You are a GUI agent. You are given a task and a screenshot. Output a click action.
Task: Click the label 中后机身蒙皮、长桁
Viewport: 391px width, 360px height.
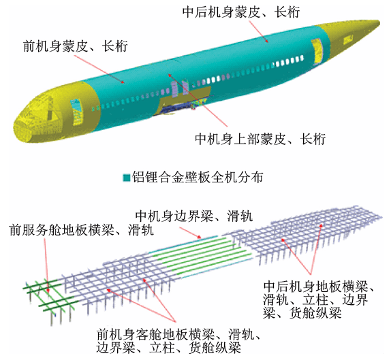click(x=241, y=12)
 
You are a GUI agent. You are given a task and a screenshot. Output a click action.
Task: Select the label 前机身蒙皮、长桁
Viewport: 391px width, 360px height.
click(x=76, y=46)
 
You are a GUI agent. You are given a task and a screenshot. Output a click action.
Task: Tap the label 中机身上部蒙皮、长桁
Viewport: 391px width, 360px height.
click(x=260, y=139)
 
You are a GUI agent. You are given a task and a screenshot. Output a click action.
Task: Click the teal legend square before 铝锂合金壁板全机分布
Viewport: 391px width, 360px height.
click(x=127, y=178)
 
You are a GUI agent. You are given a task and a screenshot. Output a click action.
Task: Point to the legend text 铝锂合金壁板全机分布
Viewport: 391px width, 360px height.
click(x=198, y=178)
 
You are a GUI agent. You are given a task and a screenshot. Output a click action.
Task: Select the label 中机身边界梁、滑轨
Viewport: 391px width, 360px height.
click(x=194, y=216)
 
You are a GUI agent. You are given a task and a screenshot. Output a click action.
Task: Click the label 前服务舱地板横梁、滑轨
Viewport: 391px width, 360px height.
click(x=81, y=230)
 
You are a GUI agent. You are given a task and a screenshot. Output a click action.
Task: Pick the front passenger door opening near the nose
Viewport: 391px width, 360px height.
click(x=76, y=111)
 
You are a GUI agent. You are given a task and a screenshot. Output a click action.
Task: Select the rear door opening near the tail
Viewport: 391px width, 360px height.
click(x=317, y=50)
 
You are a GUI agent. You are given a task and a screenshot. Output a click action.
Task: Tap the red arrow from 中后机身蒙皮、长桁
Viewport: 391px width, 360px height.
click(x=258, y=31)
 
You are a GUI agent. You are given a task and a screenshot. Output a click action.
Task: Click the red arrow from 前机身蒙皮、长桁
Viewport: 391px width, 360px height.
click(x=99, y=69)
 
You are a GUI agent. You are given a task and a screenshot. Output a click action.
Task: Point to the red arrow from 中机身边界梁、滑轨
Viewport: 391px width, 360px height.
click(x=190, y=233)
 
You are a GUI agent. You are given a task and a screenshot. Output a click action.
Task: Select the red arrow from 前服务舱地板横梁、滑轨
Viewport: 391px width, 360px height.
click(x=46, y=265)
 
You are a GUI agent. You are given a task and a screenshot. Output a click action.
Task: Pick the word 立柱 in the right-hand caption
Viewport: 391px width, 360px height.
click(x=315, y=299)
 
